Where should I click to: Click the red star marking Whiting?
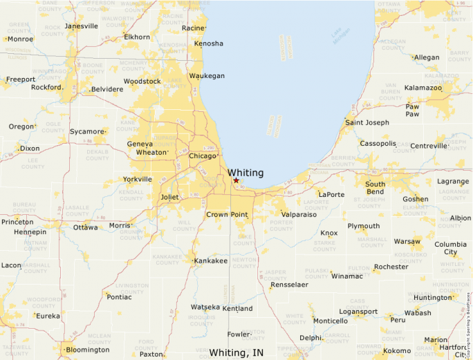coord(236,180)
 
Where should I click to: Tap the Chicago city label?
coord(203,156)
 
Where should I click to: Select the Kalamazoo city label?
coord(423,88)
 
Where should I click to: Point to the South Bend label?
coord(375,189)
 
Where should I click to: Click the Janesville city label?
coord(82,26)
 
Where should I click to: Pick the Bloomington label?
coord(87,350)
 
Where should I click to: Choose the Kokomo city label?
coord(398,351)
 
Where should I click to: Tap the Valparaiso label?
coord(299,215)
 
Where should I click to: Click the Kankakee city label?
coord(211,261)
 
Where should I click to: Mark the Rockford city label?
coord(46,88)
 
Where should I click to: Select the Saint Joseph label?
coord(367,123)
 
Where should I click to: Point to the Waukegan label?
coord(207,76)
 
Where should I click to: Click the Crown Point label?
coord(227,215)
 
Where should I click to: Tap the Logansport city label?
coord(358,312)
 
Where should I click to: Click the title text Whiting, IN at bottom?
coord(236,353)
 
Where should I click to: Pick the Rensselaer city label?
coord(289,285)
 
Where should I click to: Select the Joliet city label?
coord(169,197)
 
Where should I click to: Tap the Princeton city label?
coord(17,222)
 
